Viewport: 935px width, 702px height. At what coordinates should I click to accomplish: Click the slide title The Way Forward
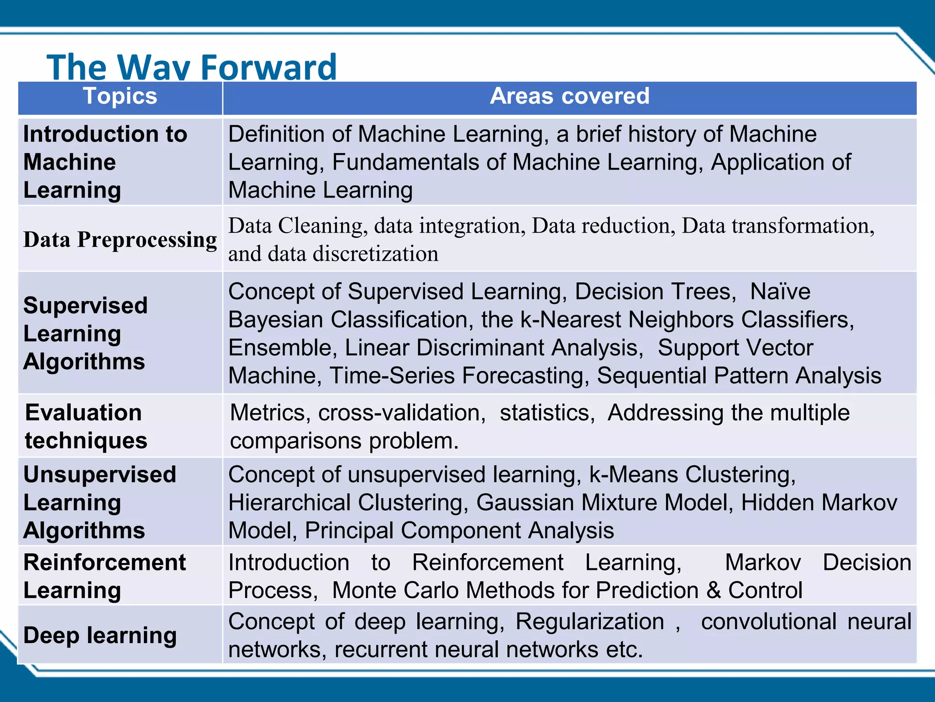point(192,67)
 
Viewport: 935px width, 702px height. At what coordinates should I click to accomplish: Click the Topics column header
point(120,96)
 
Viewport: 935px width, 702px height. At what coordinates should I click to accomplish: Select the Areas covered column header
point(569,96)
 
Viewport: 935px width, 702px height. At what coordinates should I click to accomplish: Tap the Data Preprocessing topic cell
point(120,239)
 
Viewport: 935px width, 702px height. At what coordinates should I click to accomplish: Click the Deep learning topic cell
point(100,635)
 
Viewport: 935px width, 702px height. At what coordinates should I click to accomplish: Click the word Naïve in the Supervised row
point(780,292)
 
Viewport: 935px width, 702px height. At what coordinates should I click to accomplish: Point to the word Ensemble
point(282,348)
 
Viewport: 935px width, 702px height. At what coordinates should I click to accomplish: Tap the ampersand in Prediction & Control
point(713,590)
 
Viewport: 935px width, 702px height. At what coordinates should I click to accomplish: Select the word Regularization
point(589,622)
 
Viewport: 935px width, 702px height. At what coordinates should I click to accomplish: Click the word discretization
point(375,254)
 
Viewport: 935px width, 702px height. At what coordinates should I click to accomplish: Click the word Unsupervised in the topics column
point(100,474)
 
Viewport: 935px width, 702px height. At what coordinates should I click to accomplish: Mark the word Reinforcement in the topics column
point(105,563)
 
